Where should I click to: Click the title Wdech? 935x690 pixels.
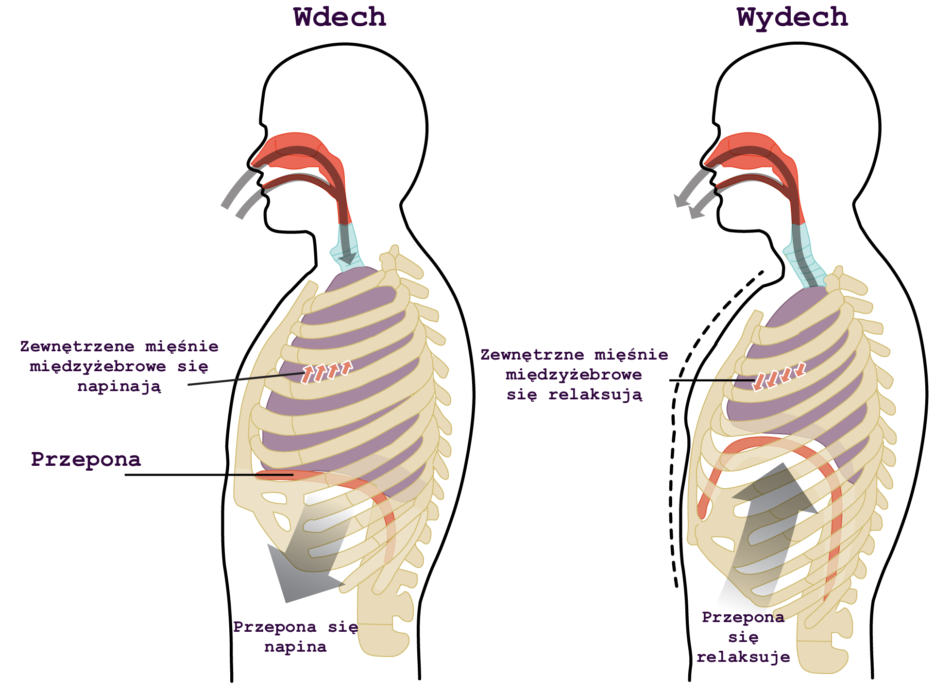pos(340,17)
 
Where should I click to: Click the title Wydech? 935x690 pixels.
pos(792,17)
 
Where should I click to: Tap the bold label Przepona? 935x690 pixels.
pos(86,459)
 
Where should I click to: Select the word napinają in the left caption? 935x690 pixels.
pos(119,387)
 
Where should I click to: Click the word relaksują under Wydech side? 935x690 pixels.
pos(595,395)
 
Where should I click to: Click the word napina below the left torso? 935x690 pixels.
pos(295,647)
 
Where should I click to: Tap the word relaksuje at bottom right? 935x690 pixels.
pos(743,657)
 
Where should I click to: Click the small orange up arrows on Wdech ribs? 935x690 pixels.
pos(326,372)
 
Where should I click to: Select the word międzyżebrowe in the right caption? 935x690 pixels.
pos(574,375)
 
